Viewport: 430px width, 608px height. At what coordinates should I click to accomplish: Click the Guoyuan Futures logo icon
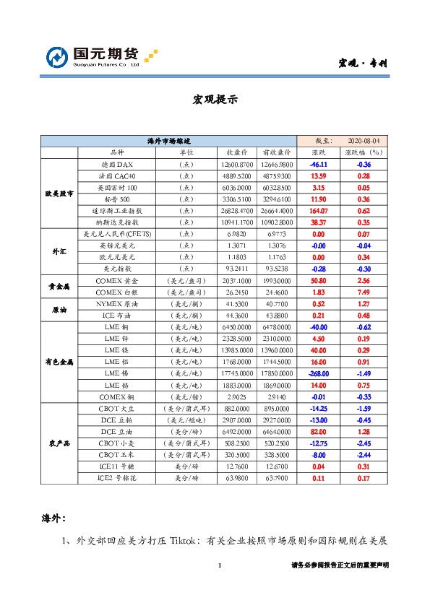coord(57,57)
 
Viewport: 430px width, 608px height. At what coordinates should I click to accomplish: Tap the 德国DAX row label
coord(116,165)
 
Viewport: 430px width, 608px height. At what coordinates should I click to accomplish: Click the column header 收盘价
coord(238,153)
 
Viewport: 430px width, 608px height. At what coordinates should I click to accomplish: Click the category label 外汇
coord(59,251)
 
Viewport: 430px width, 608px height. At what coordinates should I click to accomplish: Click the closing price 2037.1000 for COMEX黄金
coord(238,280)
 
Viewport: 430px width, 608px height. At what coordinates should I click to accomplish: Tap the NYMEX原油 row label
coord(116,303)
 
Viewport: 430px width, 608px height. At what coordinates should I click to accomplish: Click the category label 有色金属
coord(59,361)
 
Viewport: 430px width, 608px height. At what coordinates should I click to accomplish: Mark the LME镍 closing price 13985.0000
coord(238,349)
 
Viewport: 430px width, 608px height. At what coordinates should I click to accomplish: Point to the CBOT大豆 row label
coord(116,408)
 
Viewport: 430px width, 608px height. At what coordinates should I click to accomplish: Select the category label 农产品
coord(59,443)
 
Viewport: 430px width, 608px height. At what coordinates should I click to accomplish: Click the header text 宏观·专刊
coord(363,64)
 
